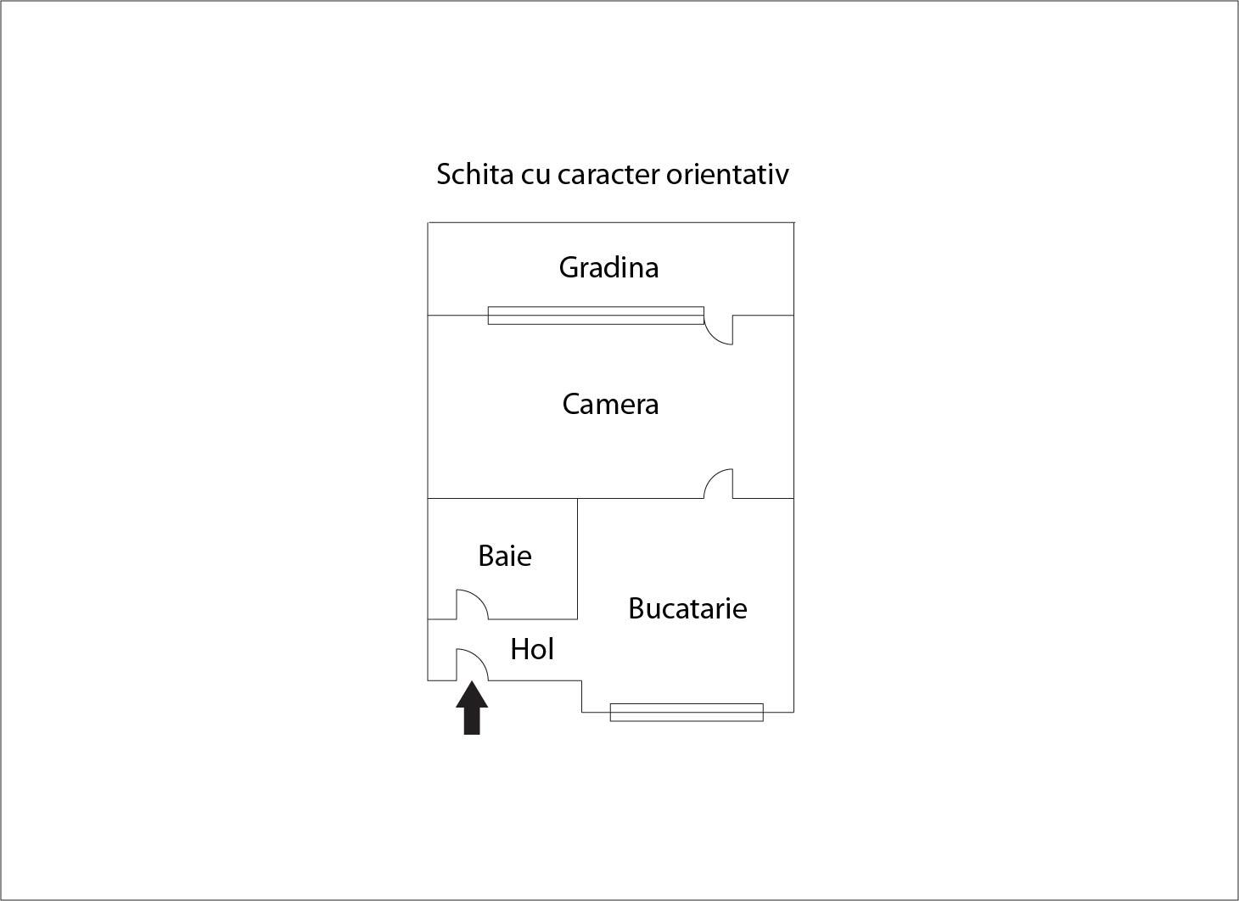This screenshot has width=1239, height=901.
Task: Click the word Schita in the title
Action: click(475, 174)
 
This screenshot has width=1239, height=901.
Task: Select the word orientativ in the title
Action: click(727, 174)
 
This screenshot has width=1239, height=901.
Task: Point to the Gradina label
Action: click(609, 268)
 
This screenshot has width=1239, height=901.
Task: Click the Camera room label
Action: click(611, 405)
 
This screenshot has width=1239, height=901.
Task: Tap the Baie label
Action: click(505, 556)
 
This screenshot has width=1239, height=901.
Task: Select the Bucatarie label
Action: click(687, 608)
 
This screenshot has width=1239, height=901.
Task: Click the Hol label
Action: click(532, 649)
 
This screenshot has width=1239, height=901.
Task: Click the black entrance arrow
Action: click(472, 708)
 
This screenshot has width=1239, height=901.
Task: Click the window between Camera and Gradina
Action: click(596, 316)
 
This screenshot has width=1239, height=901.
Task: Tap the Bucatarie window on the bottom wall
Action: click(687, 713)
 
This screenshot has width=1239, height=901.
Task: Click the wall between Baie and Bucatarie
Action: click(577, 558)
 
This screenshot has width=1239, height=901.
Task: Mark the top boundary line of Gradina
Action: click(611, 223)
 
